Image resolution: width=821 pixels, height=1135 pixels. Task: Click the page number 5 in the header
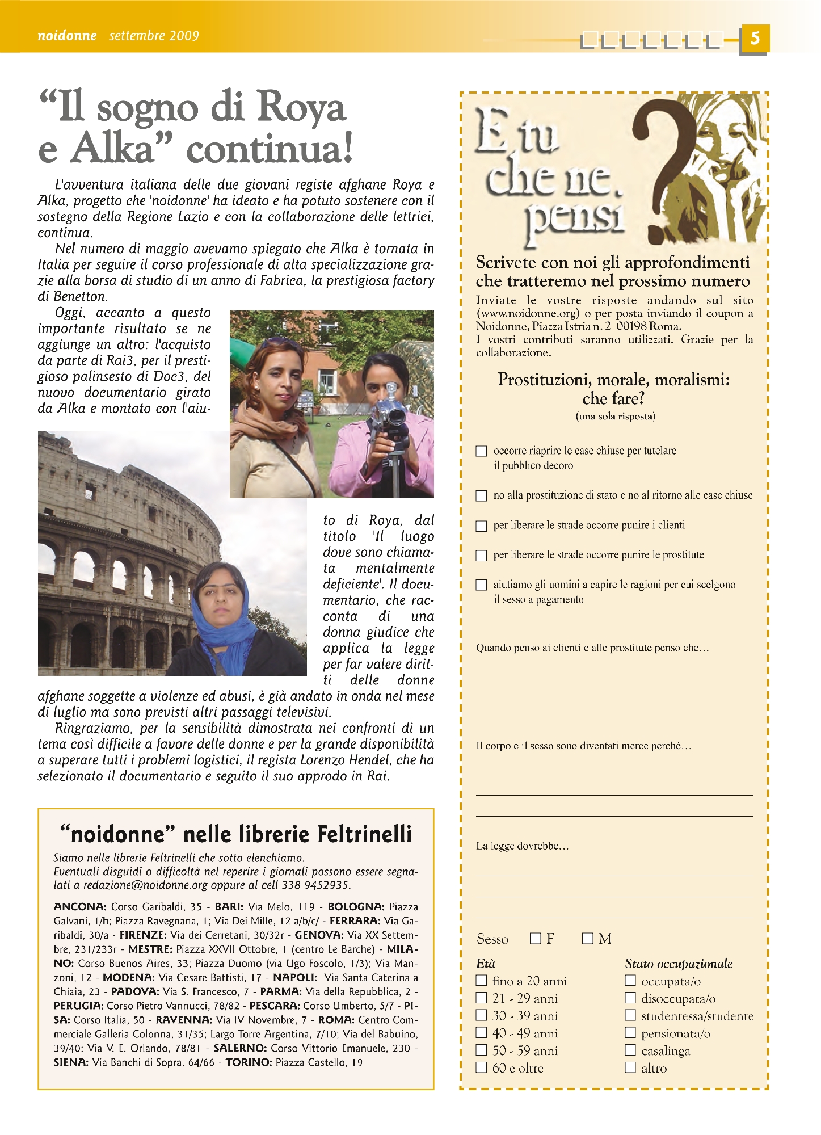[754, 39]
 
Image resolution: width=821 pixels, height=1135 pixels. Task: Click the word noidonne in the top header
[67, 36]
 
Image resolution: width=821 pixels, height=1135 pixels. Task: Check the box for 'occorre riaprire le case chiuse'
[481, 451]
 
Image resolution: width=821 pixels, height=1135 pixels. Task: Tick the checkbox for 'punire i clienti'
[481, 526]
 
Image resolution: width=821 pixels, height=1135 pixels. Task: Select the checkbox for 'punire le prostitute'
[481, 556]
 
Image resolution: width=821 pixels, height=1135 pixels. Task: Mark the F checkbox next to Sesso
[535, 939]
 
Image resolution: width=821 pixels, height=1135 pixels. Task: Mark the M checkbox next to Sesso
[587, 939]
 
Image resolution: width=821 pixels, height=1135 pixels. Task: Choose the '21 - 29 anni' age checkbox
[481, 998]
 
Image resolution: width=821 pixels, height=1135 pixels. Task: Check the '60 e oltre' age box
[481, 1067]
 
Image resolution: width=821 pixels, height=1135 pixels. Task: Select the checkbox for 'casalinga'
[630, 1050]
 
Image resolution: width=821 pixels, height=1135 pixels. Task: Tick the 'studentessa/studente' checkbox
[630, 1015]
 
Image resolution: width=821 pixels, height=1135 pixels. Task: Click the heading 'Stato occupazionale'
[679, 964]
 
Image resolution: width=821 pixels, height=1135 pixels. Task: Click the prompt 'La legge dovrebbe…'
[522, 846]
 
